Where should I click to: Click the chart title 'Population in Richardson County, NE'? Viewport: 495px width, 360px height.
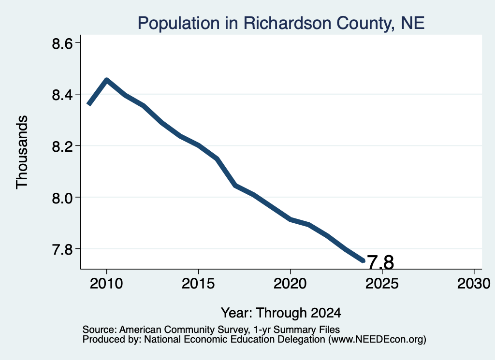point(281,23)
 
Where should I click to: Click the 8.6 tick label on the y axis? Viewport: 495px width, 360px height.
point(62,43)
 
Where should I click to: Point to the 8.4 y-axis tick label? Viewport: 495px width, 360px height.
point(62,95)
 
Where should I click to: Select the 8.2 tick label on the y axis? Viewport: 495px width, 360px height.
point(62,146)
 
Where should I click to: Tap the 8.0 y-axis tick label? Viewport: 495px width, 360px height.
point(62,198)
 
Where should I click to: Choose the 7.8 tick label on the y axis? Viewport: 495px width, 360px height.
point(62,249)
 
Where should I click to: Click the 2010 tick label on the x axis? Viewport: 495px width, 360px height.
point(106,283)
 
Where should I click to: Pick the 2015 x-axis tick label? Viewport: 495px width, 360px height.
point(198,283)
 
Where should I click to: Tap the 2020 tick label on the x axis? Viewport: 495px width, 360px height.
point(290,283)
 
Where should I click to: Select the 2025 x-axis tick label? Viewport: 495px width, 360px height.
point(382,283)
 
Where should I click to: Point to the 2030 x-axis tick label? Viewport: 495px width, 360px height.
point(474,283)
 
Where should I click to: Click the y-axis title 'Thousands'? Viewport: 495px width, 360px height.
point(22,152)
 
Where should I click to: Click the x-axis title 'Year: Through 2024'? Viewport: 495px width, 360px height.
point(281,313)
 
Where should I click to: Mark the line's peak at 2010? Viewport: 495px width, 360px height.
point(107,80)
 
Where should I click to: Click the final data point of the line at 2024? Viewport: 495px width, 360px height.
point(364,260)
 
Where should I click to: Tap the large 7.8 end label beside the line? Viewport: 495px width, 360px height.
point(381,262)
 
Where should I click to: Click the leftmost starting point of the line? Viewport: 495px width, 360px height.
point(89,104)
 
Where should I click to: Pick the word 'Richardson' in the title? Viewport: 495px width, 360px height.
point(287,23)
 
